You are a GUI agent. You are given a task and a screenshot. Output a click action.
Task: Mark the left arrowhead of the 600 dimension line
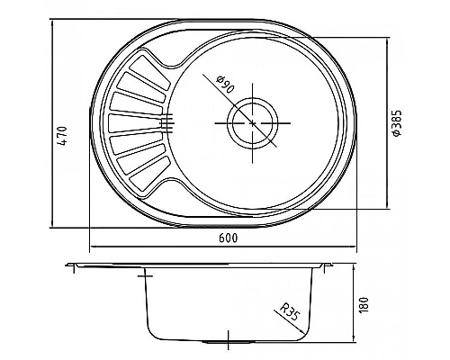pyautogui.click(x=92, y=247)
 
